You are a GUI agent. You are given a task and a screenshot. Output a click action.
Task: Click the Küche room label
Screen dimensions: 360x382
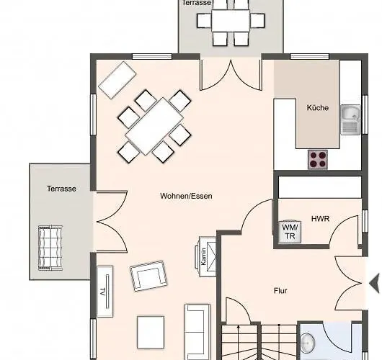tap(317, 108)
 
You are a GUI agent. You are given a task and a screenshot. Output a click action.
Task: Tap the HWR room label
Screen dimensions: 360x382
tap(320, 217)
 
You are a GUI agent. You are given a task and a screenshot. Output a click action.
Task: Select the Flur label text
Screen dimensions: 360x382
tap(280, 292)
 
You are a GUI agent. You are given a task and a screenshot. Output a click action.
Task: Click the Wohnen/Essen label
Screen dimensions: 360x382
tap(186, 196)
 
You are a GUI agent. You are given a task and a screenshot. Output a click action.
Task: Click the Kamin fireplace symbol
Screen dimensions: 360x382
tap(203, 256)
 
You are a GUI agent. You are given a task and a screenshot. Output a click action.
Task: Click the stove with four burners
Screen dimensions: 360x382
tap(318, 158)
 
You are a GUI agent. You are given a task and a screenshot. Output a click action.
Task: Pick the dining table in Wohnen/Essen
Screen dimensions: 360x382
tap(154, 126)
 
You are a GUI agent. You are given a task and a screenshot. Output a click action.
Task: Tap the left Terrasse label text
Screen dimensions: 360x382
tap(61, 188)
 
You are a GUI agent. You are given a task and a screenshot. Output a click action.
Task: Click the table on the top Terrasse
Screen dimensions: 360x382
tap(231, 19)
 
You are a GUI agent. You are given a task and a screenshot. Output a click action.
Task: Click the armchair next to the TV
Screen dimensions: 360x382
tap(149, 277)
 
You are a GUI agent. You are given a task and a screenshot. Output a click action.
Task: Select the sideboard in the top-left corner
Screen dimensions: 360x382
tap(117, 80)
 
